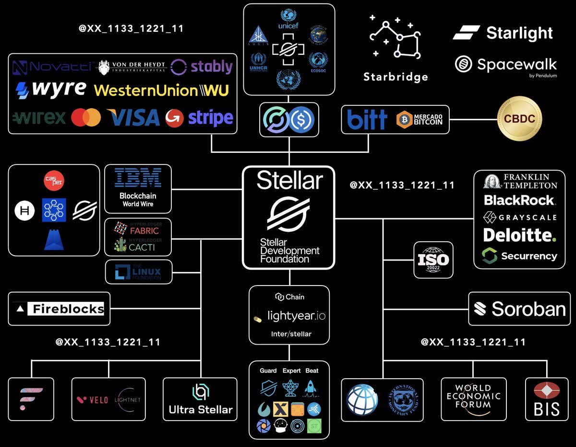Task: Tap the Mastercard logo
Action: [86, 117]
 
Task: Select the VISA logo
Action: [133, 117]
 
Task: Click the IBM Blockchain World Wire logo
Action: [138, 187]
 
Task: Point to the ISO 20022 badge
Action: [433, 260]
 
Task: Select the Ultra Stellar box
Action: [200, 400]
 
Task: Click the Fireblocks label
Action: [60, 309]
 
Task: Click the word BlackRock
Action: [519, 199]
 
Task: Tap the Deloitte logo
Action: [519, 235]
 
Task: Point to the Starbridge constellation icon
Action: [396, 39]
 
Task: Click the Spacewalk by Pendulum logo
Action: [506, 64]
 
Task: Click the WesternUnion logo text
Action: [161, 90]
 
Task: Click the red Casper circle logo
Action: [54, 181]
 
